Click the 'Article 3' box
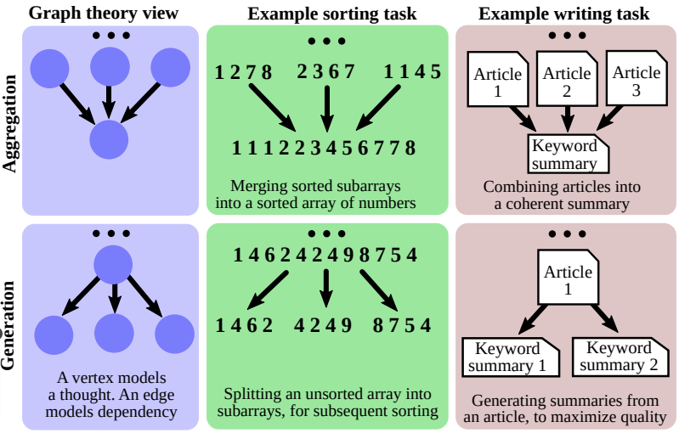635,81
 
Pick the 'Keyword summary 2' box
619,357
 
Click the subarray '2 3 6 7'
325,72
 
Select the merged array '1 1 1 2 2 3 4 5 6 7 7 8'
324,149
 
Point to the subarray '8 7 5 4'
402,325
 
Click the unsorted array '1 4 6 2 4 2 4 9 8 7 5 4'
325,254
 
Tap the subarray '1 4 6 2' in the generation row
243,325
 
